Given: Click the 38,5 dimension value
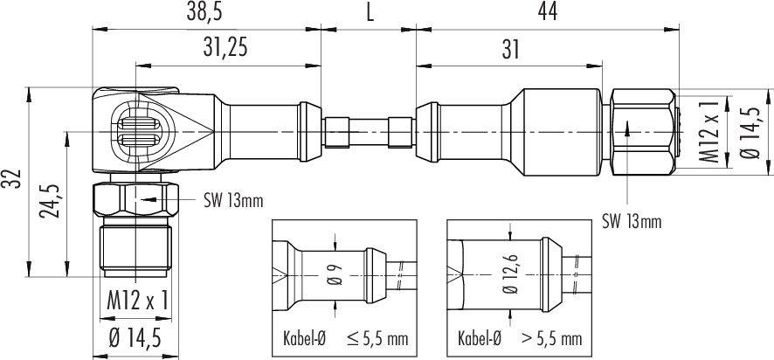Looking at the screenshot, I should (x=205, y=12).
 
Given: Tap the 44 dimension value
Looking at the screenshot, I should (x=546, y=12).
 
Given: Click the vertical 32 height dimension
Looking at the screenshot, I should (x=12, y=179).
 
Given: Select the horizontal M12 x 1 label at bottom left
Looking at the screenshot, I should (x=136, y=301).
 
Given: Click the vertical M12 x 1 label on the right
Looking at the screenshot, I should (x=713, y=130).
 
